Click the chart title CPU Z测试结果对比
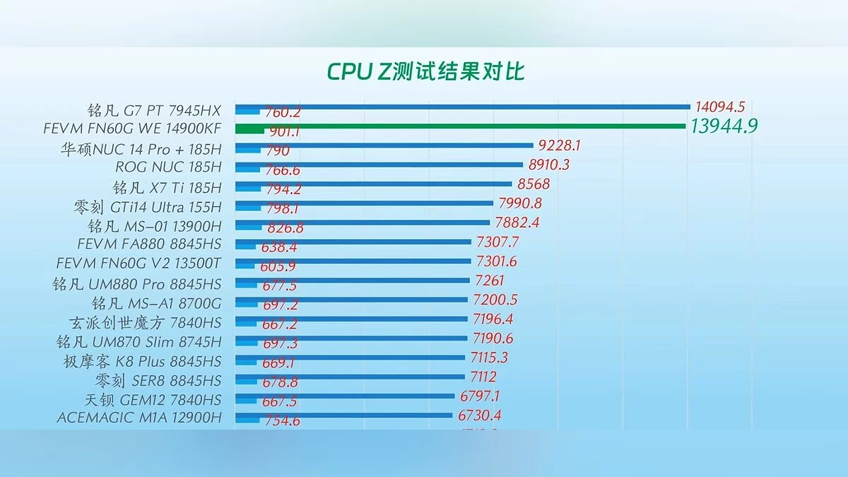tap(425, 71)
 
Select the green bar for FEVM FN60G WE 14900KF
tap(459, 126)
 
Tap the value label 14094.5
tap(719, 107)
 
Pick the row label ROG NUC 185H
tap(168, 167)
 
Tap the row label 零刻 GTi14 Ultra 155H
tap(147, 207)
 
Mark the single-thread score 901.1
tap(283, 131)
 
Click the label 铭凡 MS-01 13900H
tap(154, 226)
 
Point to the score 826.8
tap(285, 228)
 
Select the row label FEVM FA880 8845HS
tap(148, 245)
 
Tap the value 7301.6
tap(496, 261)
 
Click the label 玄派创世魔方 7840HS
tap(145, 322)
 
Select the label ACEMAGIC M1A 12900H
tap(139, 418)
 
